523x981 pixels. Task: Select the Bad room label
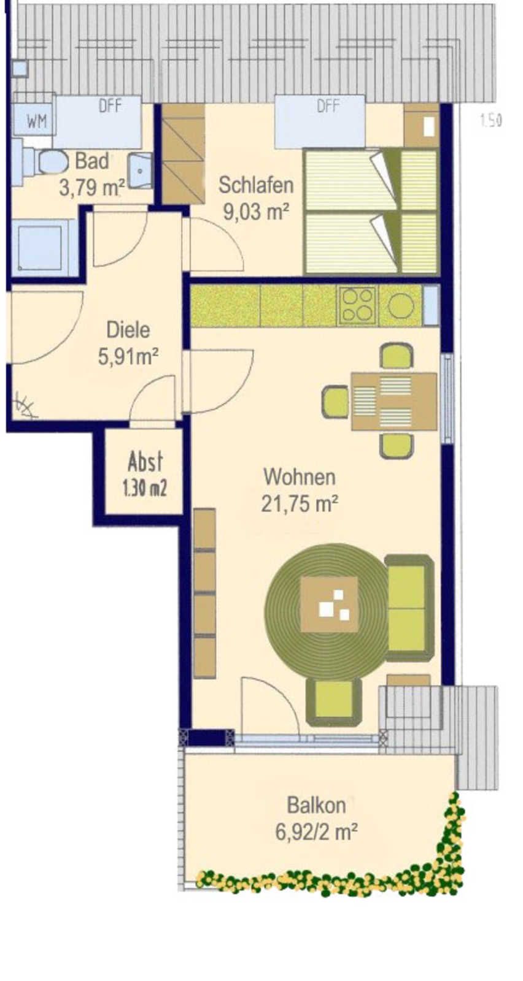click(92, 161)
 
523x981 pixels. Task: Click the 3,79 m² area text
click(92, 188)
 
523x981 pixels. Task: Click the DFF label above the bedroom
click(328, 106)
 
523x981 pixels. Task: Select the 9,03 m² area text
click(256, 212)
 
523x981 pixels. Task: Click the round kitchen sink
click(400, 305)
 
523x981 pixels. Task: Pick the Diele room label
click(128, 330)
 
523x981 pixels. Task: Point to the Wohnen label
click(300, 476)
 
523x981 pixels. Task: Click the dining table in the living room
click(394, 402)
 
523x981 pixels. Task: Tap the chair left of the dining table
click(336, 402)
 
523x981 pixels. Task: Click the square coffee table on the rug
click(329, 605)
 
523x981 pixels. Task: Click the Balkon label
click(316, 806)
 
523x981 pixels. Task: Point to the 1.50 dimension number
click(490, 120)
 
